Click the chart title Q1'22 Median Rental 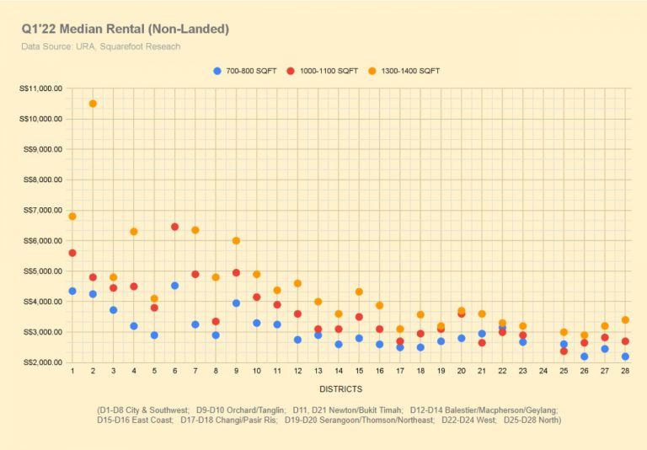click(126, 29)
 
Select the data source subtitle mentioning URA click(101, 46)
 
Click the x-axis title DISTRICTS click(341, 389)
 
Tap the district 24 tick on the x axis click(543, 372)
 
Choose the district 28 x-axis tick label click(625, 372)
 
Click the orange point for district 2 click(93, 104)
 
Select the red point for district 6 click(174, 227)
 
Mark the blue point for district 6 click(174, 286)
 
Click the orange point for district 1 click(72, 217)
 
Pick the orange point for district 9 click(236, 241)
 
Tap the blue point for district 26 click(584, 356)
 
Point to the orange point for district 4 click(133, 232)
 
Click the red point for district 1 click(72, 253)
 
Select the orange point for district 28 click(625, 320)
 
